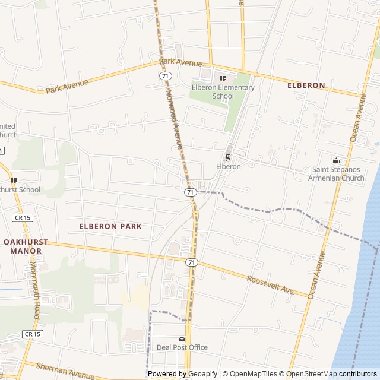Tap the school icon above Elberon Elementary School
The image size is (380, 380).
223,78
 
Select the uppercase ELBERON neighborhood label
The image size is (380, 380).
306,85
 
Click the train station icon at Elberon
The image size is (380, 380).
228,157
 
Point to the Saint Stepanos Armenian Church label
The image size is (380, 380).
338,173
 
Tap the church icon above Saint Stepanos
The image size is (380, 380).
337,160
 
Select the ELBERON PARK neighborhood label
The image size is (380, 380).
110,226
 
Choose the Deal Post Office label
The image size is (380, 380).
182,347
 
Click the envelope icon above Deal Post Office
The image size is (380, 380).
182,338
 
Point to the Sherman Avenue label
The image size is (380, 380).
65,371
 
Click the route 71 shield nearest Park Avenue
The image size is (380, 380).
166,76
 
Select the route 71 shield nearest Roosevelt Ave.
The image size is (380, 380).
191,262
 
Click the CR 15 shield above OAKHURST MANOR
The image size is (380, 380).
22,218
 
